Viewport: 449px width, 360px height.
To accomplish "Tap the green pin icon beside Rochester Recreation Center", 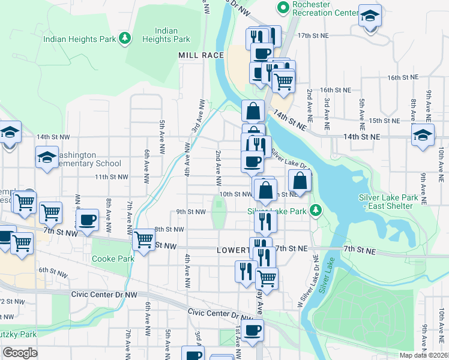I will pyautogui.click(x=282, y=7).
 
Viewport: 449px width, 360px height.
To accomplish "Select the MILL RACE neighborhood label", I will pyautogui.click(x=200, y=55).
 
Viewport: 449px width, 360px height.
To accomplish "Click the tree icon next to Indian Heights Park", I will pyautogui.click(x=125, y=38).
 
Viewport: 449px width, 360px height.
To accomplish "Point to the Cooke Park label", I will pyautogui.click(x=113, y=259).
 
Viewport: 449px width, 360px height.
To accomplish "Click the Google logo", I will pyautogui.click(x=20, y=352).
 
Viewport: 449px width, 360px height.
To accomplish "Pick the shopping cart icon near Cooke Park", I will pyautogui.click(x=144, y=240).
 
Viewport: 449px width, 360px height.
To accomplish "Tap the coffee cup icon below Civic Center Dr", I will pyautogui.click(x=253, y=329).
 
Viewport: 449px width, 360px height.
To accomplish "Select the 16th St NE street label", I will pyautogui.click(x=402, y=78).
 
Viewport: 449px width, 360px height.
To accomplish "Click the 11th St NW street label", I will pyautogui.click(x=111, y=177).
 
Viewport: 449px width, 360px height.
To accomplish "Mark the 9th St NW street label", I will pyautogui.click(x=191, y=211).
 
